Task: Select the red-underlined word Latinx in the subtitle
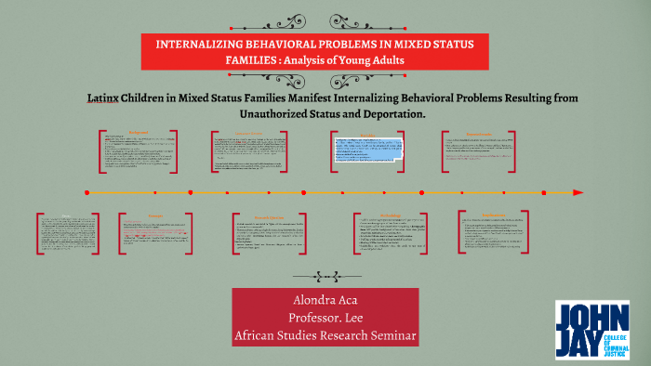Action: tap(105, 98)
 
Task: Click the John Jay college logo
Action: tap(591, 330)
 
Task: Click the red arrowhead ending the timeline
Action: tap(578, 192)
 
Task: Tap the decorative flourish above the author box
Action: tap(324, 275)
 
